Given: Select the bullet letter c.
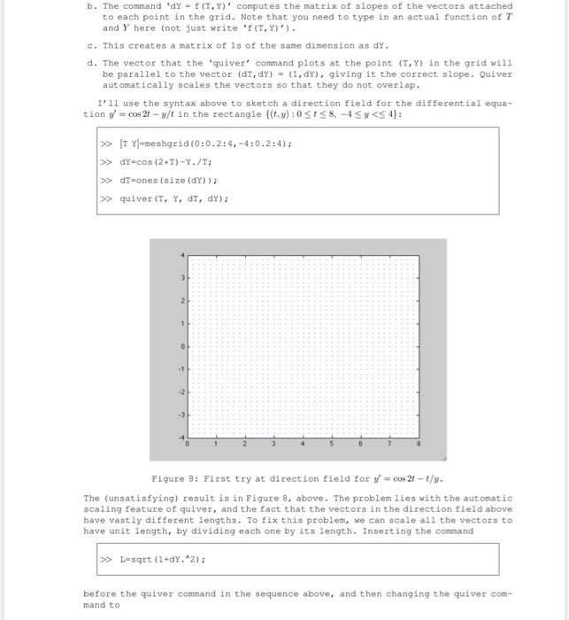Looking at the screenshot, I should click(91, 44).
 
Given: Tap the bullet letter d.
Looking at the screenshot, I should click(91, 63).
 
